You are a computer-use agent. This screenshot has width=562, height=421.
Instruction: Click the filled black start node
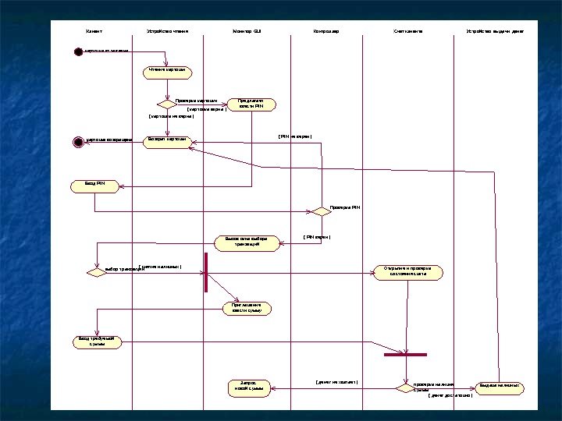tap(78, 51)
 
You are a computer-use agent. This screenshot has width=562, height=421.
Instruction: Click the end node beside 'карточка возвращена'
tap(77, 142)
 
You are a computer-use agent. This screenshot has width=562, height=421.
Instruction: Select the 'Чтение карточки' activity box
tap(167, 73)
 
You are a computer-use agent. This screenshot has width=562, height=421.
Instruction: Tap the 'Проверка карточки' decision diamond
tap(166, 103)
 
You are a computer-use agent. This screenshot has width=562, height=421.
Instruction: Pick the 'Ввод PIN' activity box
tap(94, 186)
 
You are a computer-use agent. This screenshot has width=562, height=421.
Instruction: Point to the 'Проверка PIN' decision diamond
tap(322, 210)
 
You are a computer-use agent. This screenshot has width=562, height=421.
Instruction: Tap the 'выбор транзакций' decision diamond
tap(96, 273)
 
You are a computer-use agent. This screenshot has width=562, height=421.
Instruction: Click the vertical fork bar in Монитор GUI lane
tap(206, 272)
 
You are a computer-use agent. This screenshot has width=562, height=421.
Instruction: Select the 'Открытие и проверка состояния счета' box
tap(407, 272)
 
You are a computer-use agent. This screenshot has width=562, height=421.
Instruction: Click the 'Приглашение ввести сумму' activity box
tap(247, 307)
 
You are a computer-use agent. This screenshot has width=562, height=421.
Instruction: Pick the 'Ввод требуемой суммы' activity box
tap(97, 341)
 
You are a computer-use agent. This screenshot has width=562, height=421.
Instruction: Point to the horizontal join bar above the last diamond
tap(406, 355)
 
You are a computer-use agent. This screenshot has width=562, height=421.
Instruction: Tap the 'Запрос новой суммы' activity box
tap(249, 387)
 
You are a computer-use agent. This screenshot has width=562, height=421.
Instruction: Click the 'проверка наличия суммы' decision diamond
tap(402, 387)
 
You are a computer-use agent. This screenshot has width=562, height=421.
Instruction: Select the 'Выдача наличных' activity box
tap(499, 387)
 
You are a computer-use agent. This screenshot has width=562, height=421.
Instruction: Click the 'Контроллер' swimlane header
tap(325, 32)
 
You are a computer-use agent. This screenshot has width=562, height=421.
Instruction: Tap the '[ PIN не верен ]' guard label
tap(295, 137)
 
